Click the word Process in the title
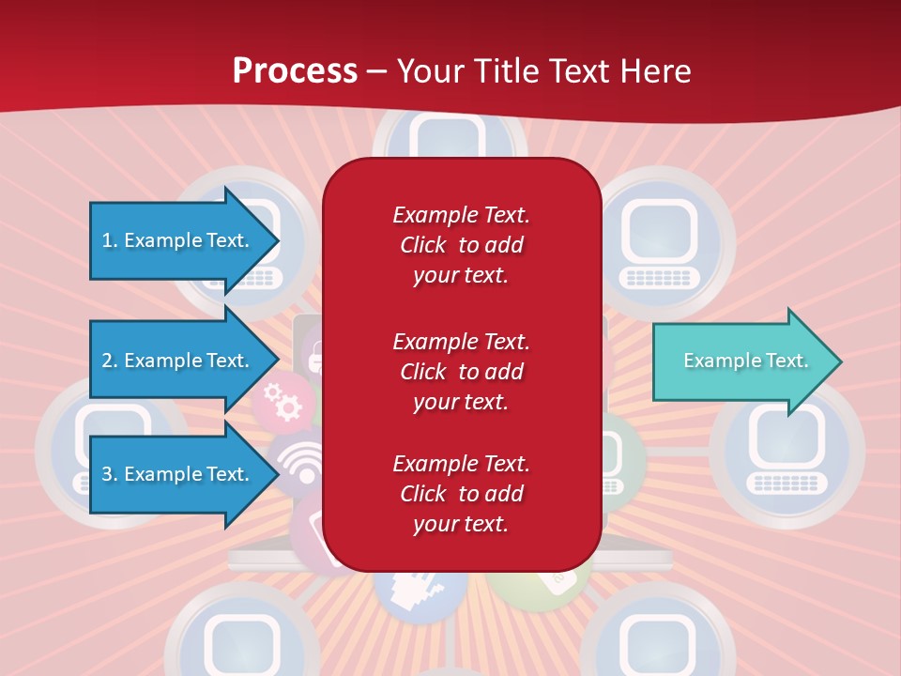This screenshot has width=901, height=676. (295, 71)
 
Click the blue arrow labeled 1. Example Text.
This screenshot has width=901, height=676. (178, 240)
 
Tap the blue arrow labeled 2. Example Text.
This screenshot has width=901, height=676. (178, 361)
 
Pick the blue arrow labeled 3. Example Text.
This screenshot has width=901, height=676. (178, 474)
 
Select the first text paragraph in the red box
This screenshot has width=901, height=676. (461, 245)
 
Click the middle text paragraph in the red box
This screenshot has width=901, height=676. (461, 372)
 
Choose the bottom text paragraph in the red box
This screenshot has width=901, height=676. (461, 494)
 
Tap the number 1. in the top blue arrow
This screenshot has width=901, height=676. (110, 240)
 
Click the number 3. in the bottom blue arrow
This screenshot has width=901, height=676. (110, 474)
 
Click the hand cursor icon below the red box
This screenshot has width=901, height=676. (420, 588)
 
